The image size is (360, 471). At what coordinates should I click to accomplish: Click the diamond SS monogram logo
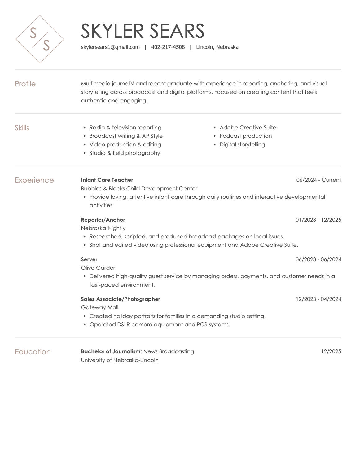(x=40, y=39)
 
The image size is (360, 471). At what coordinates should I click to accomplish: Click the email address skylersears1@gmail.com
(x=110, y=47)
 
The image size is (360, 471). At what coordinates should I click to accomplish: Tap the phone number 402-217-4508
(x=168, y=47)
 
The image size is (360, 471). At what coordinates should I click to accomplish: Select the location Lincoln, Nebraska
(x=217, y=47)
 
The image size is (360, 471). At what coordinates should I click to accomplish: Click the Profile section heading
(x=25, y=84)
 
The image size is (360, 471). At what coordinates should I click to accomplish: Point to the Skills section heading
(x=22, y=128)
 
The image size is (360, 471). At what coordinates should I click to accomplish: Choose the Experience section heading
(x=34, y=180)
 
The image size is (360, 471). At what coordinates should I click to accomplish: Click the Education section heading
(x=33, y=352)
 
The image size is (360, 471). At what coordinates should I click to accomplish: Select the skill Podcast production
(x=246, y=136)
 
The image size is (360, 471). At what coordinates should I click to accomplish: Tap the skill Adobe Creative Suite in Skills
(x=248, y=128)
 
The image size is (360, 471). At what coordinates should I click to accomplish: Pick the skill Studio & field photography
(x=125, y=153)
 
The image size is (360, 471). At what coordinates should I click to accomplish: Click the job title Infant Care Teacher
(x=107, y=180)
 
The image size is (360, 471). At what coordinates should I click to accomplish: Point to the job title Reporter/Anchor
(x=103, y=220)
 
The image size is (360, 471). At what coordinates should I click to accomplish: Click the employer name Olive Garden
(x=99, y=268)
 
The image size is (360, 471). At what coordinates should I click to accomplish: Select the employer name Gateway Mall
(x=99, y=307)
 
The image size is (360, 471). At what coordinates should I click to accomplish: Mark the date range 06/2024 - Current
(x=318, y=180)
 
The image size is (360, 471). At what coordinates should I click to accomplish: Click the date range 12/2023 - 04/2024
(x=318, y=299)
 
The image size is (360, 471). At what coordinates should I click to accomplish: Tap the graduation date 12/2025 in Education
(x=331, y=351)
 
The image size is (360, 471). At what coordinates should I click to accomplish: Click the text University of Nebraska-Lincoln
(x=120, y=360)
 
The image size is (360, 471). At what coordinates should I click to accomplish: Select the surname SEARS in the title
(x=177, y=31)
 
